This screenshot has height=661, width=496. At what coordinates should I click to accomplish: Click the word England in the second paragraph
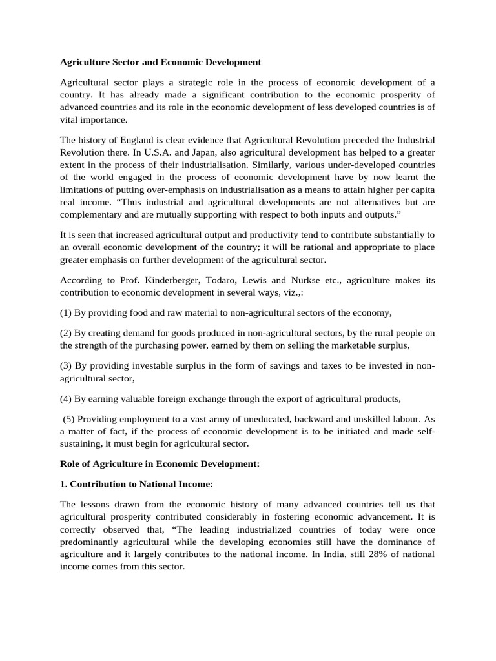(134, 139)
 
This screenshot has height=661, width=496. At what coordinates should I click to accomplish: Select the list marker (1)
(67, 312)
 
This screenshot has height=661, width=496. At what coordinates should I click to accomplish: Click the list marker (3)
(67, 367)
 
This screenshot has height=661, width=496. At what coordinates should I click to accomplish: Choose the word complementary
(92, 214)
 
